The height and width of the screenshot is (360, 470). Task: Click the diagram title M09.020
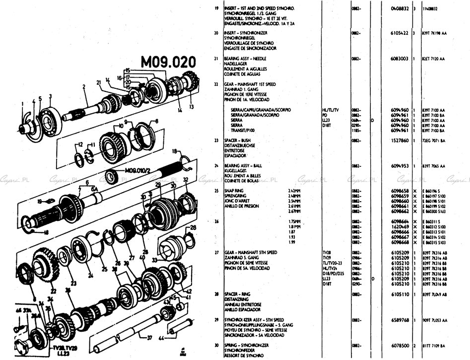(x=168, y=62)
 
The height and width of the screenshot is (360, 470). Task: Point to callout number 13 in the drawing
(x=191, y=106)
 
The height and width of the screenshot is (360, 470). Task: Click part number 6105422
(x=400, y=33)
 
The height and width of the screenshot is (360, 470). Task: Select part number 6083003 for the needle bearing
(x=400, y=59)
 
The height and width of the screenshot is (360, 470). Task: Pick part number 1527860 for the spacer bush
(x=400, y=141)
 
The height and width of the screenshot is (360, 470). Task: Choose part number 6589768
(x=400, y=320)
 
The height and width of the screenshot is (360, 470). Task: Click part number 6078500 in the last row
(x=400, y=346)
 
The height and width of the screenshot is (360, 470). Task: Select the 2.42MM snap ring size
(x=295, y=191)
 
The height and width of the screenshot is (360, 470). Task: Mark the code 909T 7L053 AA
(x=435, y=320)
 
